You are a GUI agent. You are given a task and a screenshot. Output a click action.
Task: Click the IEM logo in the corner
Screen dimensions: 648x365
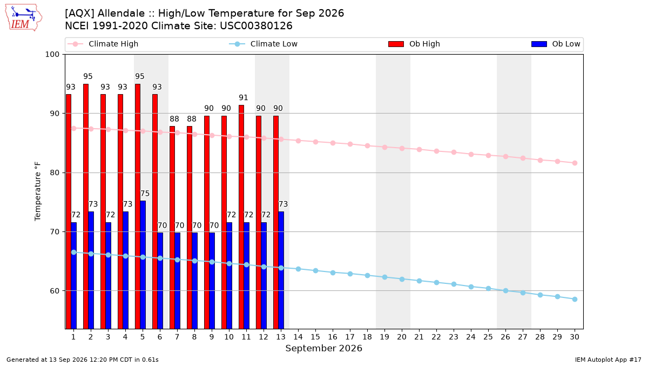point(24,18)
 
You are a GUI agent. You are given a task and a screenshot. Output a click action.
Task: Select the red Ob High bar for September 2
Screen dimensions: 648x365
point(86,206)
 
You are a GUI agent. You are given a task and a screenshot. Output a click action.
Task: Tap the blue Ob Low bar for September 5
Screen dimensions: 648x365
point(143,265)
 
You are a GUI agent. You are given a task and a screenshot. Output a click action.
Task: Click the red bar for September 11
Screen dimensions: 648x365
point(241,217)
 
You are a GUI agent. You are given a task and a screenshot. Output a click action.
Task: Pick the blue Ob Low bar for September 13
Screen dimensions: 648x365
point(281,270)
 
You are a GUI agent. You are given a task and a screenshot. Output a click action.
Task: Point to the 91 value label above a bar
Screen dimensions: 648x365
point(244,98)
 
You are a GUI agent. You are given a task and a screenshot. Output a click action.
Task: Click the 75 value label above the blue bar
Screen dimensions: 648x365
point(145,194)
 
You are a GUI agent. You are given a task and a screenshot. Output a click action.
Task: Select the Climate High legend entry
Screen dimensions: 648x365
point(103,44)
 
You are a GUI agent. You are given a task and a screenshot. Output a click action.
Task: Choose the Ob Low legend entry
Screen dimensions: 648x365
point(556,44)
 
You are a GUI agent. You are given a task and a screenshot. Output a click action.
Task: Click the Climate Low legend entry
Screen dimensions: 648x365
point(263,44)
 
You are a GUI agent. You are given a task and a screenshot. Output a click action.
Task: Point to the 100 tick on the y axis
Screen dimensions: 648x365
point(52,55)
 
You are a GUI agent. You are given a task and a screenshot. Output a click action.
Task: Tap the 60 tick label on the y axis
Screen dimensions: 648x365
point(55,291)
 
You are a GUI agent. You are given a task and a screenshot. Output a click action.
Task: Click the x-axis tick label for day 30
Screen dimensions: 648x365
point(575,337)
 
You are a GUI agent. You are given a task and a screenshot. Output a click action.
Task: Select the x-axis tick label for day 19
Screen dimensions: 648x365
point(384,337)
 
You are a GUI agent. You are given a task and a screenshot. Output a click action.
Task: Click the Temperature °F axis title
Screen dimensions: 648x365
point(38,191)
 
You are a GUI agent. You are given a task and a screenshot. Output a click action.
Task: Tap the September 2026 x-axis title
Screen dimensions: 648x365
point(323,348)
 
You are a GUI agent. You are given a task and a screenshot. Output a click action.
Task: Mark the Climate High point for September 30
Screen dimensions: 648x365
point(575,163)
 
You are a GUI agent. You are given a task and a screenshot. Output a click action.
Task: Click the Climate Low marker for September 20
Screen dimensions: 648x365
point(402,279)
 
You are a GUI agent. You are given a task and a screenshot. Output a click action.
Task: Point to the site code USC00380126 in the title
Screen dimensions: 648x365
point(256,26)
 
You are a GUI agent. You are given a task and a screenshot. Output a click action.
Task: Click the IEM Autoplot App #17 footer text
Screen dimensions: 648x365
point(608,360)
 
